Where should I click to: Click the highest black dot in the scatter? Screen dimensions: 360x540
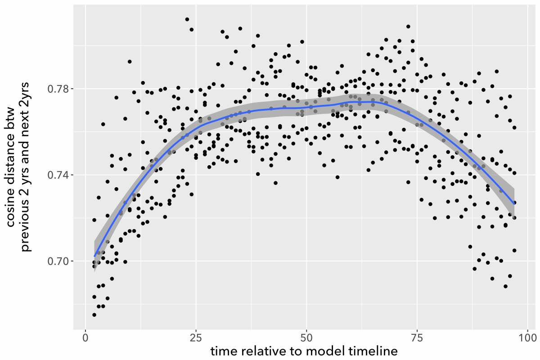pyautogui.click(x=187, y=19)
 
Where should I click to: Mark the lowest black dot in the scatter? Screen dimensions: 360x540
pyautogui.click(x=94, y=315)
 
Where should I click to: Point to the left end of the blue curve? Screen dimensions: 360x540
pyautogui.click(x=94, y=256)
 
